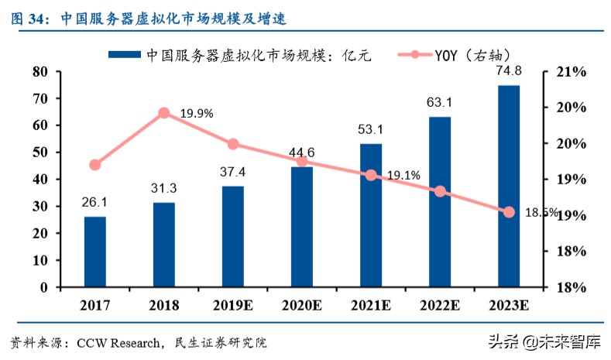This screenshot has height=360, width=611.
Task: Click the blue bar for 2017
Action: [95, 252]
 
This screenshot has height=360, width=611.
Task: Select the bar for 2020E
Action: [302, 227]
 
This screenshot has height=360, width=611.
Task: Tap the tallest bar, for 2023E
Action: [509, 186]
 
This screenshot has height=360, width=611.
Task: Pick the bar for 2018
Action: [164, 245]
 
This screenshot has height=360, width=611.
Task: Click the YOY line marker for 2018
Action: [164, 113]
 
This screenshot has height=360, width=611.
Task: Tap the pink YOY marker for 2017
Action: [95, 165]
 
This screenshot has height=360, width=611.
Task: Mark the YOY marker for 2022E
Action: [440, 191]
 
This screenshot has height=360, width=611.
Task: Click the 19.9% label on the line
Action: [197, 114]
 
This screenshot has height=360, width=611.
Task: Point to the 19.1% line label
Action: [403, 176]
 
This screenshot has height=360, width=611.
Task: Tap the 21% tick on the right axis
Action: [572, 71]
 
